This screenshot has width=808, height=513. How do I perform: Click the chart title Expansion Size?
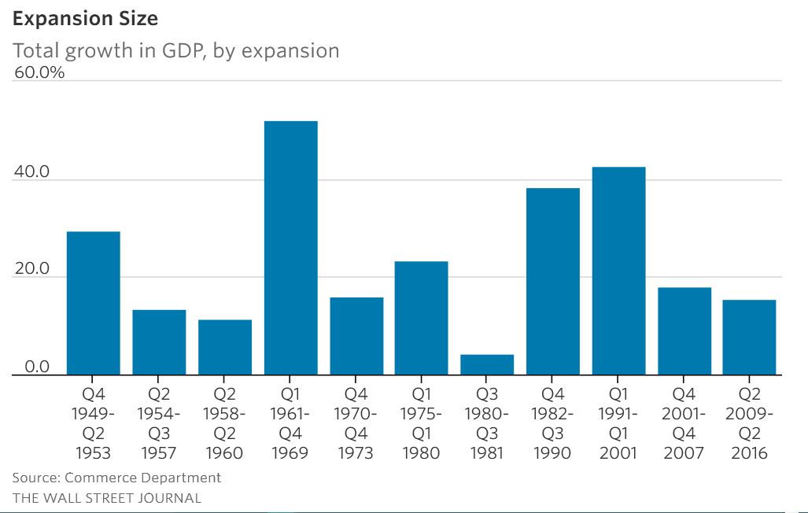tap(85, 18)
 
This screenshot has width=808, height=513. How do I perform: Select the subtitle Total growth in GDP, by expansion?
tap(175, 51)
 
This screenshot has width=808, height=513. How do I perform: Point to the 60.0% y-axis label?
tap(39, 73)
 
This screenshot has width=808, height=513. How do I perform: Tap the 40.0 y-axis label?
tap(32, 172)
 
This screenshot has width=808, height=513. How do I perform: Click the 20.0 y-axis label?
tap(32, 270)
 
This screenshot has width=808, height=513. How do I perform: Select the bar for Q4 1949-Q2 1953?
tap(93, 304)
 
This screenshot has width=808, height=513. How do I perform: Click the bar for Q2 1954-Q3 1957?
tap(159, 343)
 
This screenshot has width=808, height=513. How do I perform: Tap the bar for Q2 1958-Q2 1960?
tap(225, 348)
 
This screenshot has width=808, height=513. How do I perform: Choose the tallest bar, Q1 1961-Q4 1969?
tap(290, 249)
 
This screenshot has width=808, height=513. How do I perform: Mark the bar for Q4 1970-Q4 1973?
tap(356, 337)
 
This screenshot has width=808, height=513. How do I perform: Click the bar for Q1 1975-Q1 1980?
tap(422, 319)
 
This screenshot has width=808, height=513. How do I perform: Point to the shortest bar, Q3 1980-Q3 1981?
tap(487, 365)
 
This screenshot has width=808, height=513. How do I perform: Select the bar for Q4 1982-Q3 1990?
tap(553, 282)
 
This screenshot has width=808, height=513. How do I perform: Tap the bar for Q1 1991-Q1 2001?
tap(618, 271)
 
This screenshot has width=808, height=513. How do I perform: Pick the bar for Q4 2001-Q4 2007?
tap(684, 332)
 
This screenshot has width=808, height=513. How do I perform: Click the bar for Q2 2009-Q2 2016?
tap(750, 338)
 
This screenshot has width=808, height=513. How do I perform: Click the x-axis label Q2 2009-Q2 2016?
tap(750, 423)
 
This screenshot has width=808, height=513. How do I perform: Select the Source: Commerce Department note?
tap(116, 478)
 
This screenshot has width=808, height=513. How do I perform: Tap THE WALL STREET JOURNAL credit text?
tap(106, 498)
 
